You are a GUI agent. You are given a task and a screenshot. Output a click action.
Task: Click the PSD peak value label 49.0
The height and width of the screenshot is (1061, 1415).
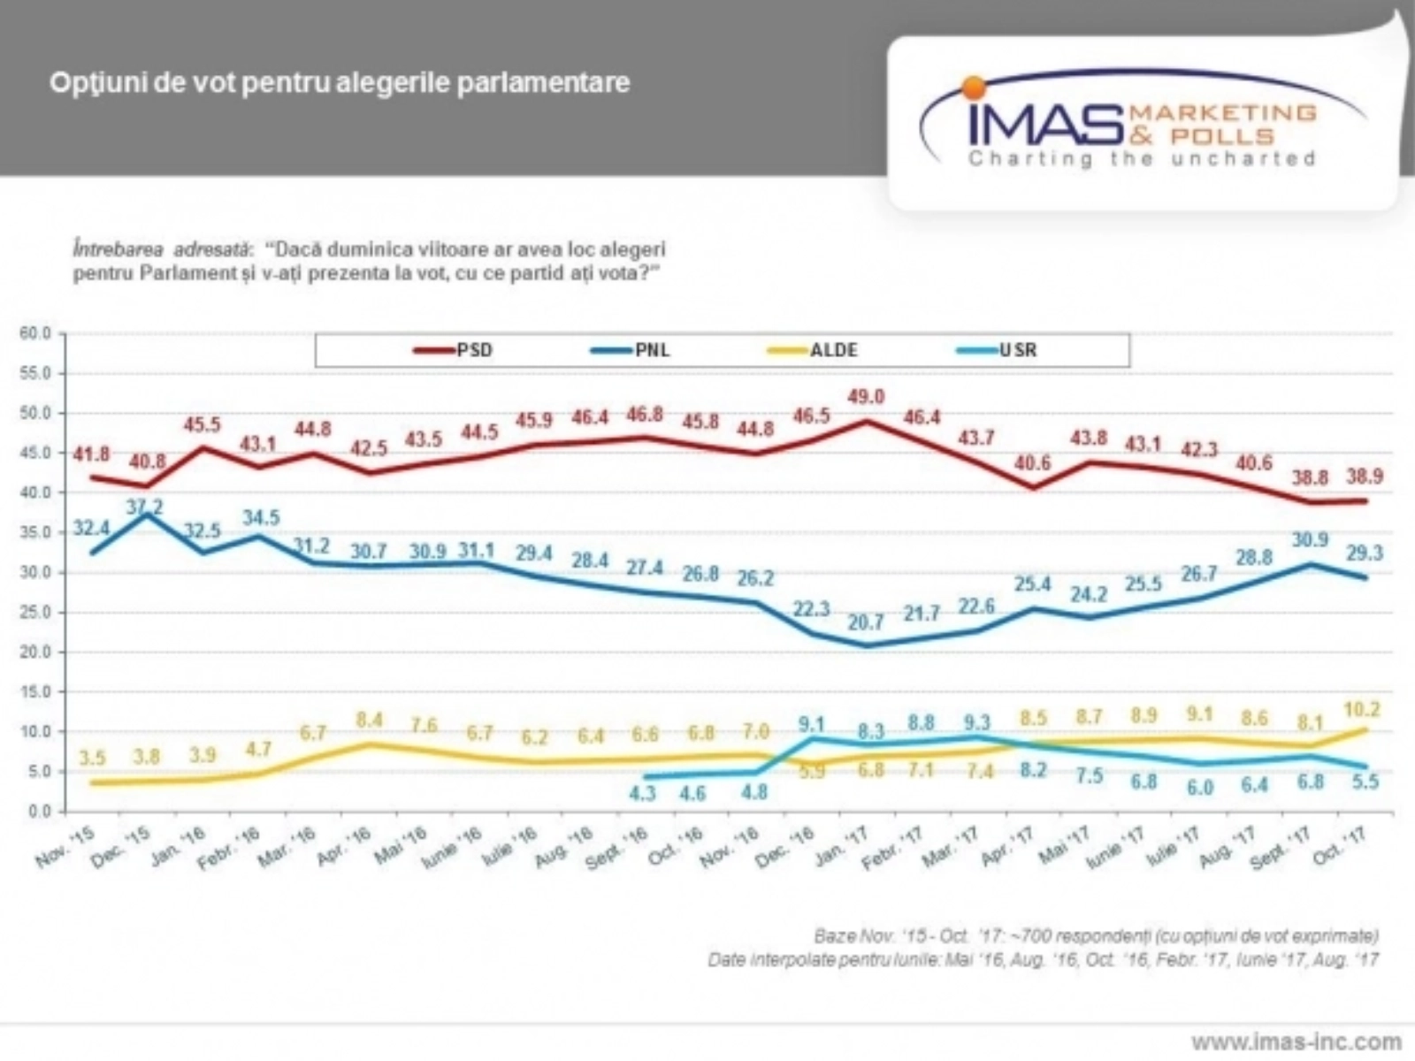pyautogui.click(x=866, y=397)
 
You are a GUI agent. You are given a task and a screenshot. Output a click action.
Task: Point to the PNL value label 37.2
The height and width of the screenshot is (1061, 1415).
pyautogui.click(x=145, y=506)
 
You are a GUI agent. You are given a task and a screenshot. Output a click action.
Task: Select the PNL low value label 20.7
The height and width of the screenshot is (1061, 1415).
pyautogui.click(x=866, y=622)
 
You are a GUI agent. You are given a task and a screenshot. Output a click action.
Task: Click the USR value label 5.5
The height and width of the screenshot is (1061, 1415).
pyautogui.click(x=1365, y=782)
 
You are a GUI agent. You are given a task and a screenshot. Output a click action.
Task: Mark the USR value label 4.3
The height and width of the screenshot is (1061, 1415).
pyautogui.click(x=642, y=793)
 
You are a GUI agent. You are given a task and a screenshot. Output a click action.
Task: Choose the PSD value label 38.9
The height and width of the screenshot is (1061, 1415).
pyautogui.click(x=1365, y=476)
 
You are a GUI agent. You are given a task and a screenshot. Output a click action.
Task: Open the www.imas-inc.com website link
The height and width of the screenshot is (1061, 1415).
pyautogui.click(x=1296, y=1042)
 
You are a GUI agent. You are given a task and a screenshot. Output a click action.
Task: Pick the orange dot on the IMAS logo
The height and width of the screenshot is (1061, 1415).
pyautogui.click(x=974, y=87)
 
